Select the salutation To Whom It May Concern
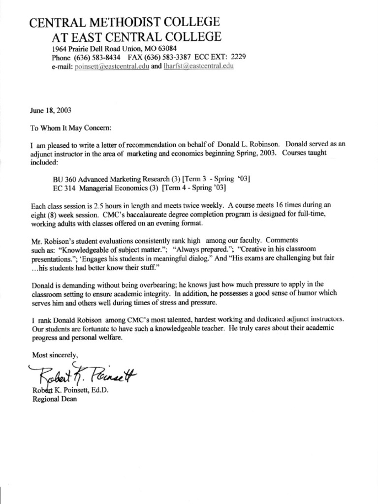click(71, 128)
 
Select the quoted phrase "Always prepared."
click(200, 248)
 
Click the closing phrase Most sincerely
click(55, 354)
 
